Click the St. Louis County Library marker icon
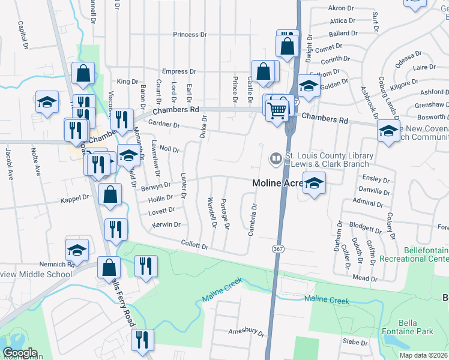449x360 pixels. (276, 158)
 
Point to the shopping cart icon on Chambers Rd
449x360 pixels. (277, 110)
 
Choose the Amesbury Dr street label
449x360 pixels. (246, 331)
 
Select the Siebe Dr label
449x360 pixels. (355, 343)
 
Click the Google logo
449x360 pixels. (20, 353)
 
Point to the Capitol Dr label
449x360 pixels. (23, 35)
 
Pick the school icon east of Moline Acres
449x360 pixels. (313, 184)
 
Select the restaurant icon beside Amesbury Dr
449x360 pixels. (142, 341)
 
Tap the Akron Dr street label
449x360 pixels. (342, 8)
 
